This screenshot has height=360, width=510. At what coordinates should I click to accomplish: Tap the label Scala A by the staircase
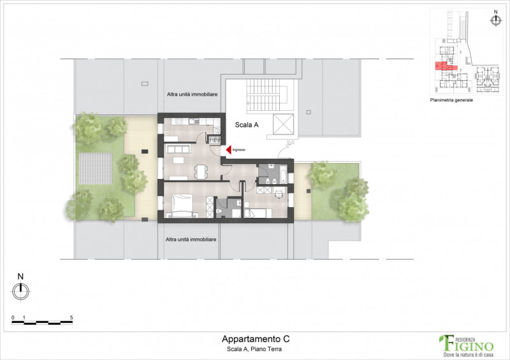click(247, 126)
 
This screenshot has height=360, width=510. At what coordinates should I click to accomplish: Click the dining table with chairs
click(201, 171)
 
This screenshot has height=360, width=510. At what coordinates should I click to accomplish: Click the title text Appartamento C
click(251, 340)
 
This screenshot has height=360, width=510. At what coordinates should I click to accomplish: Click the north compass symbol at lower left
click(20, 290)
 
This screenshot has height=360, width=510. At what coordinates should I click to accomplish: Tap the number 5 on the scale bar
click(71, 317)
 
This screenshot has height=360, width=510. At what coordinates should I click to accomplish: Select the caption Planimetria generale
click(451, 100)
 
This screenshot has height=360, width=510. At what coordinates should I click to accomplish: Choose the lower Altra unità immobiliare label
click(191, 240)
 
